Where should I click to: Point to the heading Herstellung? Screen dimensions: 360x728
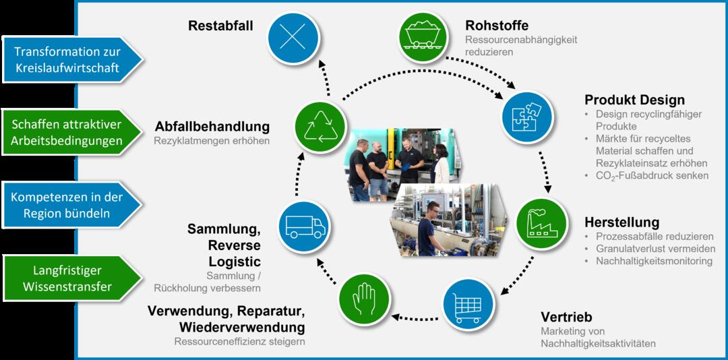click(621, 222)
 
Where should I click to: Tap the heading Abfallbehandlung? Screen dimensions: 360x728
click(212, 127)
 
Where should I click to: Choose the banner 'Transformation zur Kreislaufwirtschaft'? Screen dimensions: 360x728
click(67, 60)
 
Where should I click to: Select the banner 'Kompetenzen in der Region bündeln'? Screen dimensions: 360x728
click(67, 205)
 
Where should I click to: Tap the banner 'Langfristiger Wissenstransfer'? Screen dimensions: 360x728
click(67, 278)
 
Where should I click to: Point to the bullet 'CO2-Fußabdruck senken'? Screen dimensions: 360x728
click(652, 175)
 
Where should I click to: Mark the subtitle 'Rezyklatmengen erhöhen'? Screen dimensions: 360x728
click(212, 142)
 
